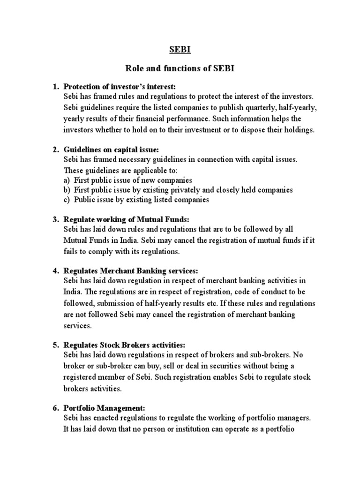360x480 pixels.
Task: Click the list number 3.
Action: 55,219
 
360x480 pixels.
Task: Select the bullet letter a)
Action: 67,180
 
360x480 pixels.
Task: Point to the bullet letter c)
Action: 67,200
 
